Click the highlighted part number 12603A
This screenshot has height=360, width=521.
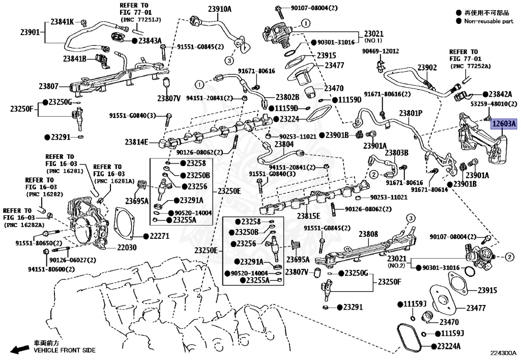[x=503, y=123]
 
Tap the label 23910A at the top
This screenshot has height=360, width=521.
[x=219, y=9]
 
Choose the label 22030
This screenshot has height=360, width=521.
[x=129, y=247]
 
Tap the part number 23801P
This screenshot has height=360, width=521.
[x=411, y=113]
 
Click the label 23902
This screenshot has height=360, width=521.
[x=427, y=68]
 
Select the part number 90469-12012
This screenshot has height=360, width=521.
[x=381, y=51]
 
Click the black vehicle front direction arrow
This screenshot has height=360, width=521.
[x=20, y=349]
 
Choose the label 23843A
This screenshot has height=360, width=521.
[x=150, y=40]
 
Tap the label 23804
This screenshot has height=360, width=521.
[x=284, y=145]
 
